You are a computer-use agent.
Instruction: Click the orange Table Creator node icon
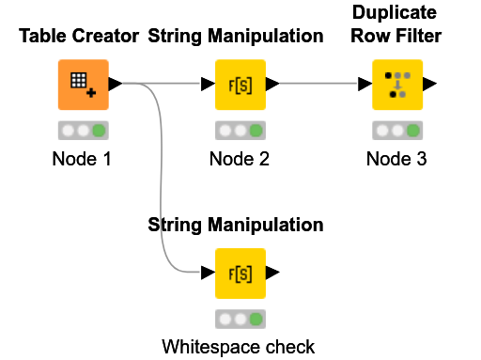83,85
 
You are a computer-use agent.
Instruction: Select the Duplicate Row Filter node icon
396,85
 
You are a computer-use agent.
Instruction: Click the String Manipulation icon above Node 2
240,85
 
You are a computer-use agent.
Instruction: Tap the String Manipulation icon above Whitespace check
240,274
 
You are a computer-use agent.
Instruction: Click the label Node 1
82,159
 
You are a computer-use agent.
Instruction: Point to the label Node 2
240,159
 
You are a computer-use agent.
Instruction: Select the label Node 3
396,159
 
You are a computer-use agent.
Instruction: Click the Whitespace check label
239,347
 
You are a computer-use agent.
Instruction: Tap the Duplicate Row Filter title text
396,25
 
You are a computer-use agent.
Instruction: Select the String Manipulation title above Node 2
236,37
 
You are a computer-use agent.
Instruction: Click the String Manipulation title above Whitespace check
236,225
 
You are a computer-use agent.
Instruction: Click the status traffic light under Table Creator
83,131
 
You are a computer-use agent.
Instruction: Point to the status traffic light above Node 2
240,131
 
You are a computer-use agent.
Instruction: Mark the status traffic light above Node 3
396,131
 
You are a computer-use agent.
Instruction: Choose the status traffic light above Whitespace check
240,320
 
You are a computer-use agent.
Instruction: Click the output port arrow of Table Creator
116,85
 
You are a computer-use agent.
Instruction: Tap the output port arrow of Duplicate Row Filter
429,85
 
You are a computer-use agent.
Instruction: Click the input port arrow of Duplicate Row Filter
364,85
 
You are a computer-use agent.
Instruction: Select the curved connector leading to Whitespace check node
163,188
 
